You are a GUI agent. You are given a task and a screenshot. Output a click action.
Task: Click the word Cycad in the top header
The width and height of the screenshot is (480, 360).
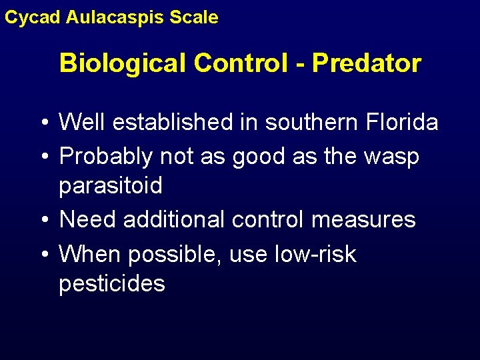click(x=33, y=17)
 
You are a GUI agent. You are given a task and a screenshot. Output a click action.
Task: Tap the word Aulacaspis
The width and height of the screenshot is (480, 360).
click(x=116, y=17)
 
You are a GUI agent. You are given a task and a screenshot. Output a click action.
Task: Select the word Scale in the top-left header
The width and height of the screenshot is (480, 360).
click(x=195, y=17)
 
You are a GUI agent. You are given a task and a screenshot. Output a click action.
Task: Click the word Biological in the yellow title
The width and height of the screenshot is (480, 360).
click(x=123, y=63)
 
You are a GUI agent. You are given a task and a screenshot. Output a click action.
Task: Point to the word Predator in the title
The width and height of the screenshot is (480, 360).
click(x=367, y=63)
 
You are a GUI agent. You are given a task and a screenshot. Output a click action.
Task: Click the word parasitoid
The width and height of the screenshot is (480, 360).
click(x=111, y=186)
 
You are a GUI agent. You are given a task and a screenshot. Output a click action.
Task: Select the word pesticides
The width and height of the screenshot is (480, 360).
click(x=111, y=283)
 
